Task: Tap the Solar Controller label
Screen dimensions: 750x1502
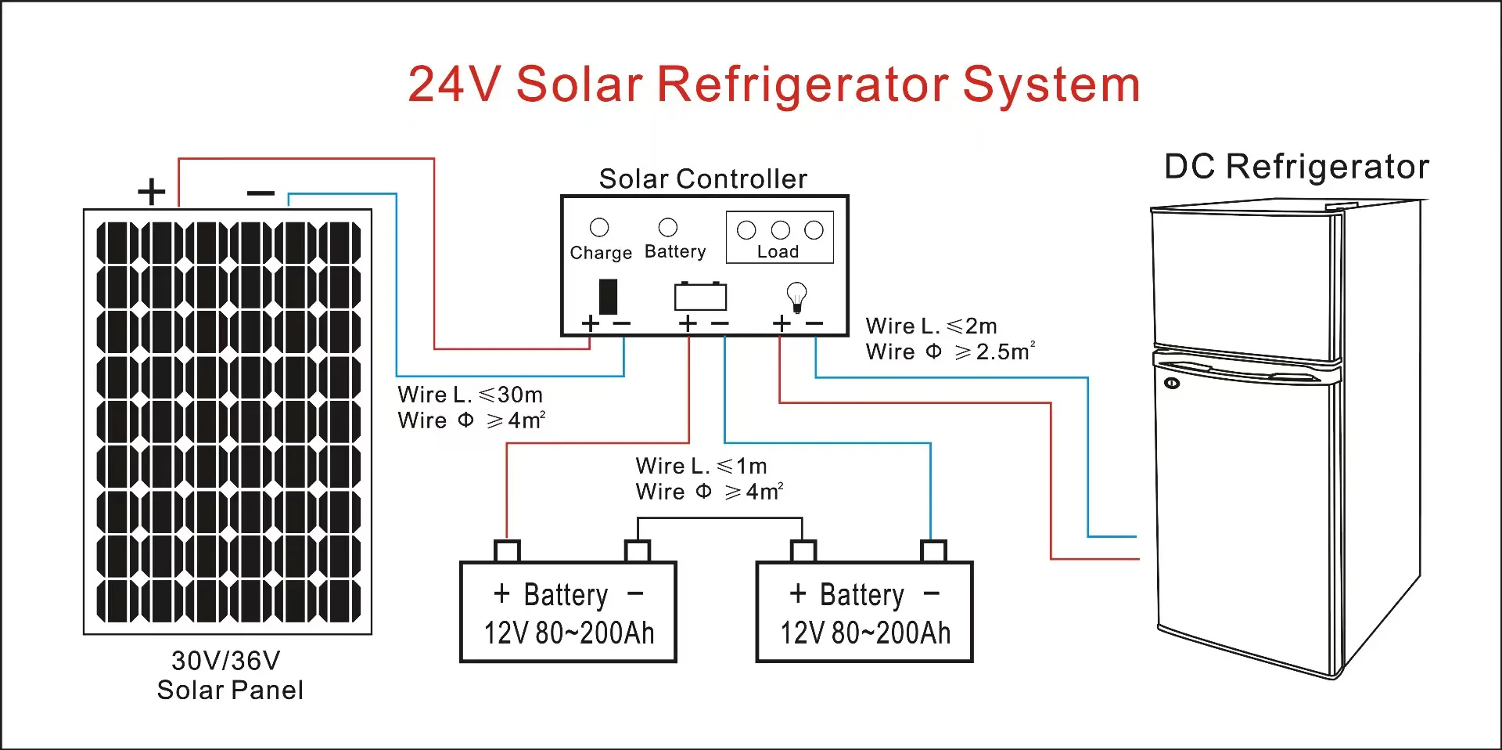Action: coord(702,179)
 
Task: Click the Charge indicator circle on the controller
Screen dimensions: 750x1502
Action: coord(599,228)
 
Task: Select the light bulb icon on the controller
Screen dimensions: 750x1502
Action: coord(796,296)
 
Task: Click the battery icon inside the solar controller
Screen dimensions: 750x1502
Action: coord(700,297)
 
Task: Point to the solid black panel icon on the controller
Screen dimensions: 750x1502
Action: coord(608,297)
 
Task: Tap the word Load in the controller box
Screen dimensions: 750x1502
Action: coord(778,252)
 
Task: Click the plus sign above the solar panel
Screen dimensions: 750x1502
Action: coord(152,191)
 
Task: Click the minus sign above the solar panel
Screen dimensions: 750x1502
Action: coord(261,193)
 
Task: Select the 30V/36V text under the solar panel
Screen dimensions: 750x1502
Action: coord(225,661)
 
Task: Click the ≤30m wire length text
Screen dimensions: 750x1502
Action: coord(510,395)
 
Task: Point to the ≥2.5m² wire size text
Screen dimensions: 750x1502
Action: coord(994,352)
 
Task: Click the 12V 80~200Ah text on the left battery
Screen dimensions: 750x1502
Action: coord(569,633)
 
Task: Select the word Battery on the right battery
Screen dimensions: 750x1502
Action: coord(861,595)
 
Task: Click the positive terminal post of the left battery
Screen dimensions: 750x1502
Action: coord(507,551)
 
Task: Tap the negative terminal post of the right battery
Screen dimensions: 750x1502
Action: coord(933,551)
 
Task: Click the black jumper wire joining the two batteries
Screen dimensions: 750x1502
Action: coord(720,518)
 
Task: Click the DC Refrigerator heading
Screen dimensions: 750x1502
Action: coord(1296,167)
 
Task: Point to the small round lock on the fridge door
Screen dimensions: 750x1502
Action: coord(1172,383)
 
